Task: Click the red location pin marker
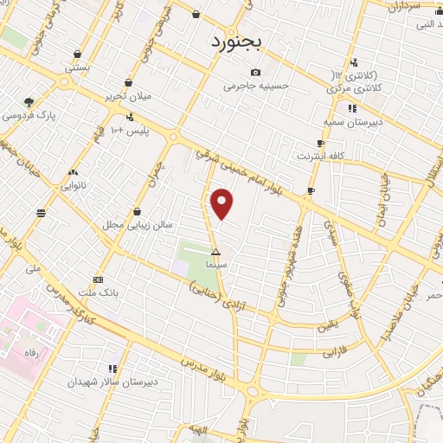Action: tap(223, 203)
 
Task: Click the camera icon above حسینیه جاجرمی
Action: tap(255, 73)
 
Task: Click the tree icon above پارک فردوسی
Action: tap(30, 101)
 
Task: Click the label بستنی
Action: tap(78, 67)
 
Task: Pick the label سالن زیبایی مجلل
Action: tap(138, 225)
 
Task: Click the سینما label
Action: tap(216, 263)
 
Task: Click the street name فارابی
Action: tap(310, 352)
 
